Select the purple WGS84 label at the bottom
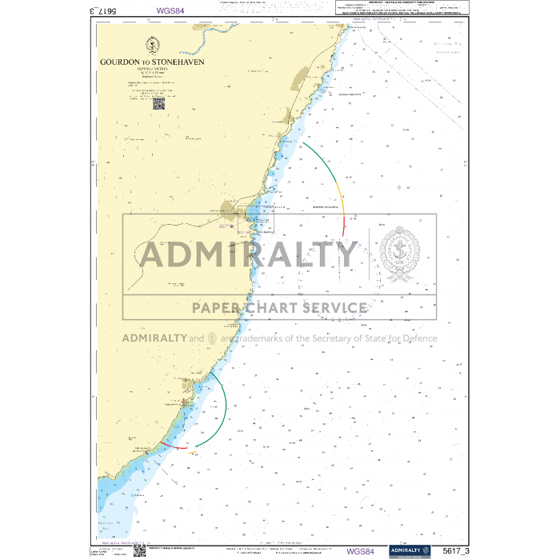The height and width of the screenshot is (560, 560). [360, 550]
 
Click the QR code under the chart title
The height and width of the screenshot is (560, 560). [158, 103]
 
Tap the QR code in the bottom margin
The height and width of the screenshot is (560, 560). [138, 551]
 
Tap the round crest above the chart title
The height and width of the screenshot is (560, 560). [152, 45]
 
